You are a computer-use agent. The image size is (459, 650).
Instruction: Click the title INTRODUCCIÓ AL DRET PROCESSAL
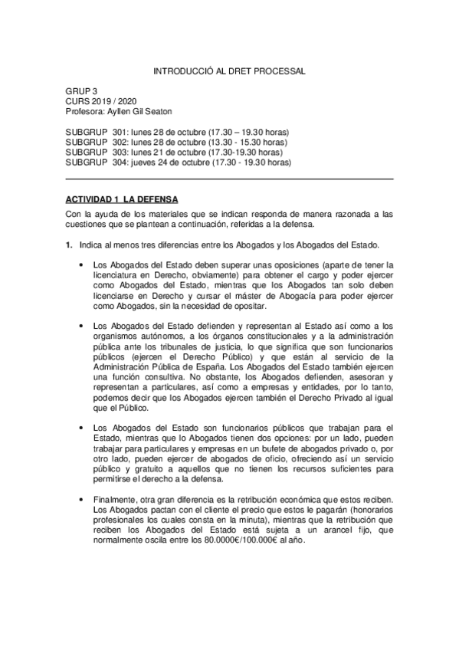(x=229, y=71)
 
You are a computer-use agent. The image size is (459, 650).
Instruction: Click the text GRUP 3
(x=81, y=90)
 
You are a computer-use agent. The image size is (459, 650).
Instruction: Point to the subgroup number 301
(x=120, y=132)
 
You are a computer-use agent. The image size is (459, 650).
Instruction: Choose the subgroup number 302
(x=120, y=142)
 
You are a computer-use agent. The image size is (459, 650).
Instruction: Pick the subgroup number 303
(x=120, y=153)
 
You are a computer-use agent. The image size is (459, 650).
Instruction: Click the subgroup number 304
(x=120, y=162)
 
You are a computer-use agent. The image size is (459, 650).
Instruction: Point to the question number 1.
(x=68, y=245)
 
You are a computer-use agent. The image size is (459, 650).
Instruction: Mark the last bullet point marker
(x=82, y=500)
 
